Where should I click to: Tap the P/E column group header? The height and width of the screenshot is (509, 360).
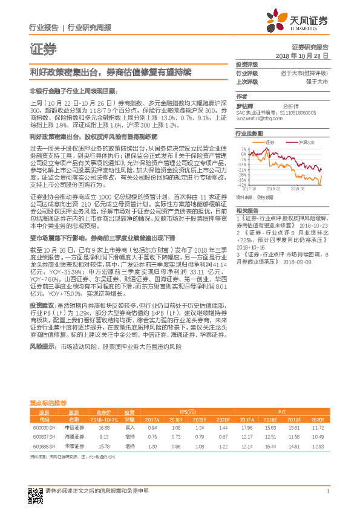coord(281,409)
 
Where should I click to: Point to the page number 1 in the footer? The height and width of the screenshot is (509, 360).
coord(327,491)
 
